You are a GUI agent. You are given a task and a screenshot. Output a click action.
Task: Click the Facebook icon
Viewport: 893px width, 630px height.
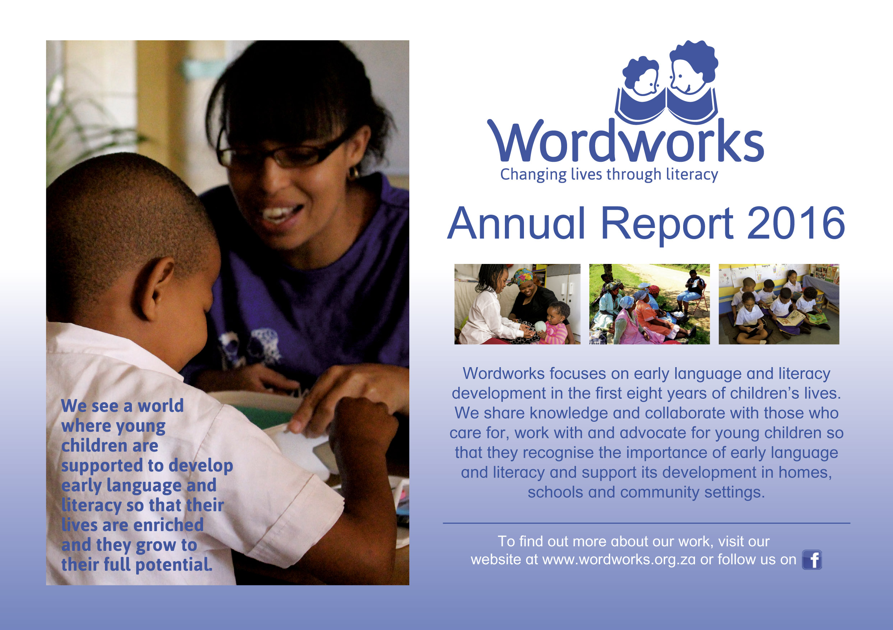(812, 560)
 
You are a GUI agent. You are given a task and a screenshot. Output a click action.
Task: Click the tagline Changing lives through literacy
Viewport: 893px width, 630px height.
(609, 174)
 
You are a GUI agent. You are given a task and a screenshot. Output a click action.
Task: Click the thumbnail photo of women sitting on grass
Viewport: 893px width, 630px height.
(649, 304)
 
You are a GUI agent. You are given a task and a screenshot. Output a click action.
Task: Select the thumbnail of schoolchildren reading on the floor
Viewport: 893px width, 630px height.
(779, 304)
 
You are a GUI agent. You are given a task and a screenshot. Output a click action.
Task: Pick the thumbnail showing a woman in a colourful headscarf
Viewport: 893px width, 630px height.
(517, 304)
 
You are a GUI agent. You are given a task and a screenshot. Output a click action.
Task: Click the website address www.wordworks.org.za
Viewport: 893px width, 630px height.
(619, 560)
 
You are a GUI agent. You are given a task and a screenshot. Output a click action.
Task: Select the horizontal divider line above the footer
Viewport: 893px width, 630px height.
(646, 523)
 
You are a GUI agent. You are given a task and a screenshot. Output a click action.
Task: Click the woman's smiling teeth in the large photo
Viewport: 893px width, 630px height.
(281, 213)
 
